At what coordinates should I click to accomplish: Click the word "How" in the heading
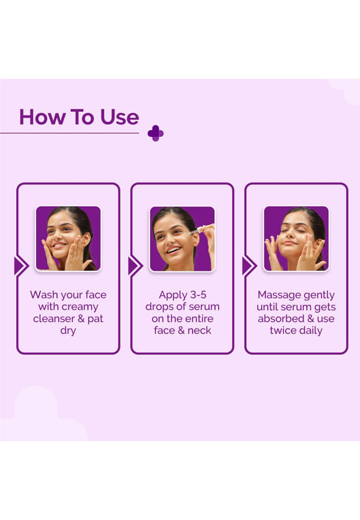pos(42,117)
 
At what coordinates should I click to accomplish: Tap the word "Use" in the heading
pos(119,117)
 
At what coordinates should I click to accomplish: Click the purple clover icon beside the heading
pos(155,133)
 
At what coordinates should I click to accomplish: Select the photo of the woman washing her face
pos(68,238)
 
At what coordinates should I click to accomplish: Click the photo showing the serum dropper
pos(182,238)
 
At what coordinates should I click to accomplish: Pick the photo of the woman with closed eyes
pos(296,238)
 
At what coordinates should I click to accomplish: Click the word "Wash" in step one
pos(43,294)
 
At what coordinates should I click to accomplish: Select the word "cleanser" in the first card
pos(54,319)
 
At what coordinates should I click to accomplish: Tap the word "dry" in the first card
pos(68,331)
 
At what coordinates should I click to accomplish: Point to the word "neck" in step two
pos(199,330)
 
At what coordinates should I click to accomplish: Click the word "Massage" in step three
pos(279,294)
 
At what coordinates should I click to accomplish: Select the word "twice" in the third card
pos(281,330)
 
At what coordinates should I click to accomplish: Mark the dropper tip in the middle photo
pos(186,234)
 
